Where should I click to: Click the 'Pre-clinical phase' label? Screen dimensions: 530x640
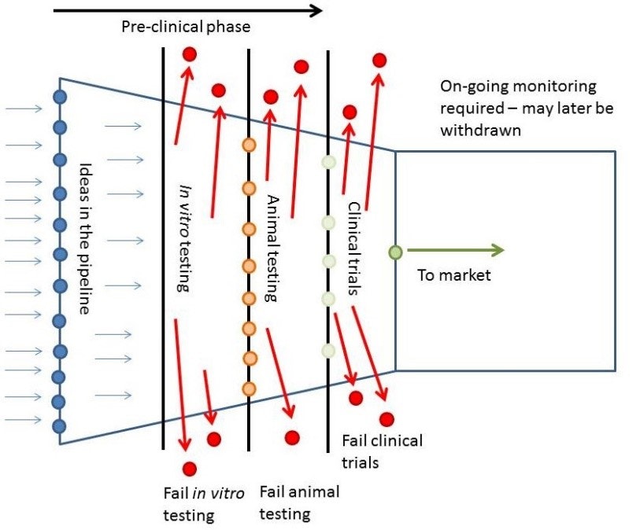[185, 28]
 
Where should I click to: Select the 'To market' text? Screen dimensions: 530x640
[454, 274]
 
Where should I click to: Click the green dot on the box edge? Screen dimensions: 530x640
[395, 252]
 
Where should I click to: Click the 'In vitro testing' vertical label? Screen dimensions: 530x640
[183, 238]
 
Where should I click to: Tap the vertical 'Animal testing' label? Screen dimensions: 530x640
[272, 248]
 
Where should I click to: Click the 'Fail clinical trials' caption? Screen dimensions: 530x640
[382, 451]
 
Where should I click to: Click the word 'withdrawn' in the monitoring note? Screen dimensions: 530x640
[479, 130]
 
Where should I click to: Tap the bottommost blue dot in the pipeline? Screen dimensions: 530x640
[59, 426]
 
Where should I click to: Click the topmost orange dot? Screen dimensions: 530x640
[250, 145]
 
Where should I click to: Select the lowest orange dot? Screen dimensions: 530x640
[250, 388]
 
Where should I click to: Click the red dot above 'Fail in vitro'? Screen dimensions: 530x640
[189, 469]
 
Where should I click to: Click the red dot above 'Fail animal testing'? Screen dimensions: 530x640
[292, 437]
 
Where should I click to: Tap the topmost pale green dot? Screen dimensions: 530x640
[329, 163]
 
